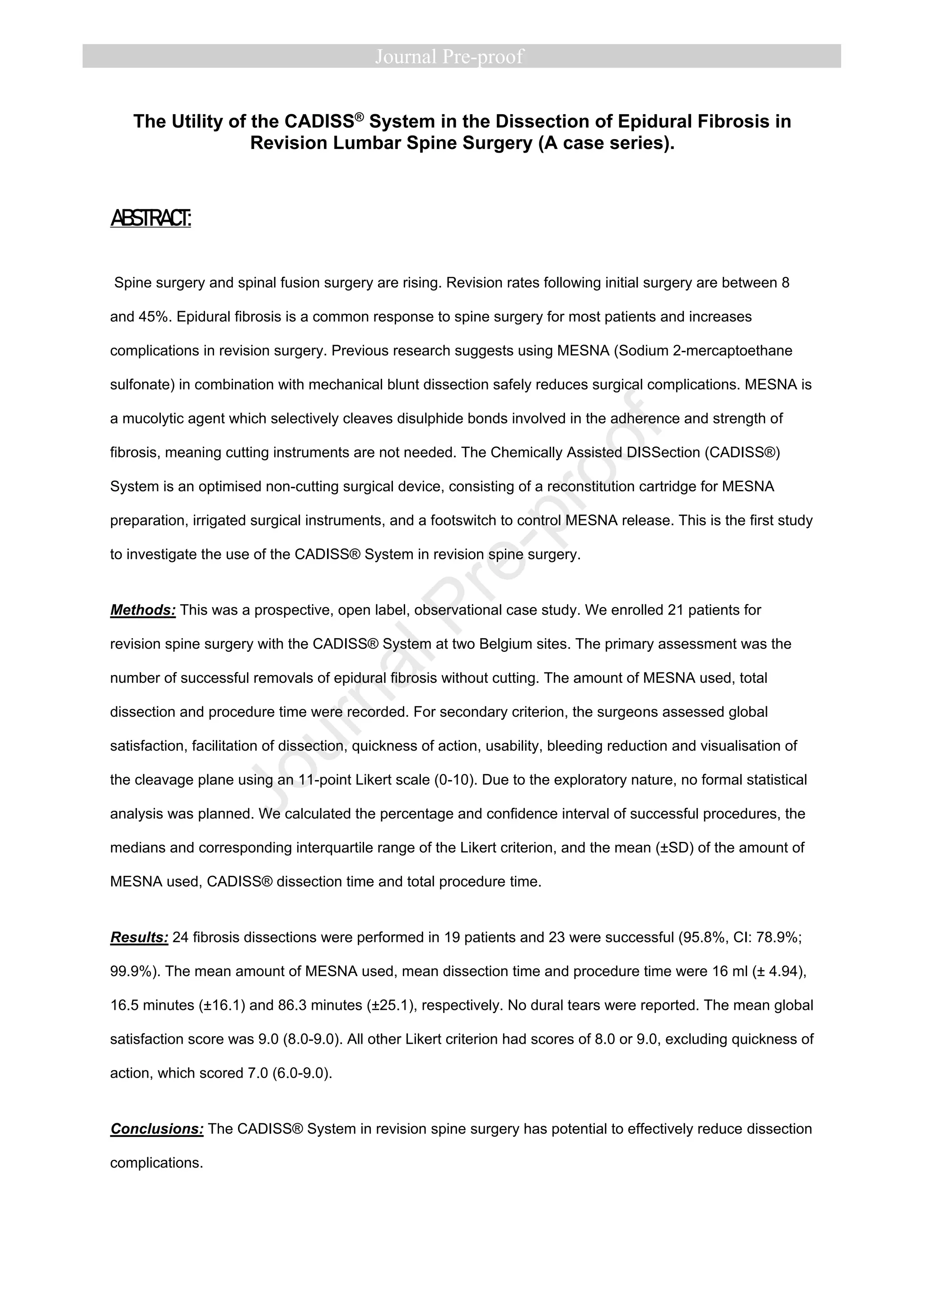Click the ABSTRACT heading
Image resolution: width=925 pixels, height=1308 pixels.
point(150,218)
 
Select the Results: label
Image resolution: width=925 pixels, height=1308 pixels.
point(139,937)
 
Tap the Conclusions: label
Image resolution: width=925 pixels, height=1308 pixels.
point(157,1129)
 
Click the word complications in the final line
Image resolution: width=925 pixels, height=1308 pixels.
point(156,1163)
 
